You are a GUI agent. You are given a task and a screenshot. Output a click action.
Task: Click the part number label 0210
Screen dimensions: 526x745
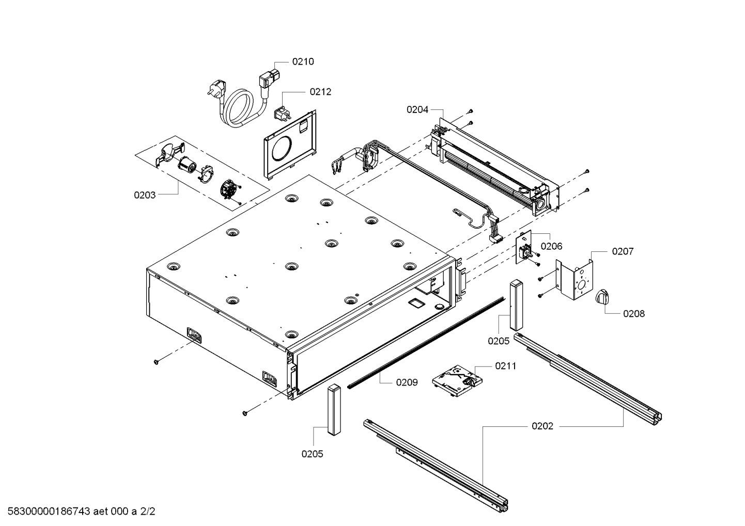pos(303,61)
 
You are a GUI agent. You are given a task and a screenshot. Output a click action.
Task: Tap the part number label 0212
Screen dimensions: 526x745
pos(320,92)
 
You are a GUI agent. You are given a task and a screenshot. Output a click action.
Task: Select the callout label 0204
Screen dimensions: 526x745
pos(417,109)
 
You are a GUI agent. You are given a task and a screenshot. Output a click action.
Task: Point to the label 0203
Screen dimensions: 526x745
pos(145,195)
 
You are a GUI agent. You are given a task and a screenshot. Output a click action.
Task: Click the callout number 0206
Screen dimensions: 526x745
pos(551,247)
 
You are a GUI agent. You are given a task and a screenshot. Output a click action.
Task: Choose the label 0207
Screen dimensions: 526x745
pos(623,251)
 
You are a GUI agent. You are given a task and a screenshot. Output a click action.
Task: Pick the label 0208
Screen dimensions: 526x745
pos(633,313)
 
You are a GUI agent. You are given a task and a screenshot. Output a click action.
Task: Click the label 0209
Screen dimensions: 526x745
pos(407,382)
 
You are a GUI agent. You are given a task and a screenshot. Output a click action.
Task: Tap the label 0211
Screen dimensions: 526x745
pos(505,366)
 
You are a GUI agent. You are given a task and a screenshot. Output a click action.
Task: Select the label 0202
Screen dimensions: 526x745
pos(542,426)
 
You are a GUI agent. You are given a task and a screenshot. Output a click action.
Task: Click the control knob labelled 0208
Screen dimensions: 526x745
pos(602,297)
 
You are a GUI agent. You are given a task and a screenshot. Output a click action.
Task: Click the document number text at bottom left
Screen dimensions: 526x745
pos(78,512)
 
